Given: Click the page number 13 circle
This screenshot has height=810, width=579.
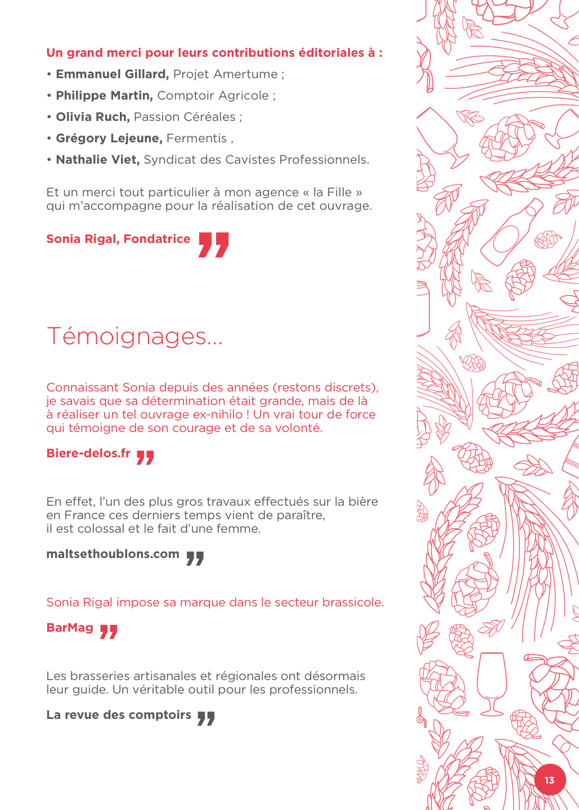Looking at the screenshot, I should [549, 780].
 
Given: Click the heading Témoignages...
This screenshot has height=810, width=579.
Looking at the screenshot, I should [134, 336].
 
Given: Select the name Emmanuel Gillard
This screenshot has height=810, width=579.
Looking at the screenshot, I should [112, 74].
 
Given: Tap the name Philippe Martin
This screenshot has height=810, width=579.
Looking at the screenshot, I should [104, 96].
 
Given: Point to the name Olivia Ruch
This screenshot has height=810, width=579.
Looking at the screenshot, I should [93, 117].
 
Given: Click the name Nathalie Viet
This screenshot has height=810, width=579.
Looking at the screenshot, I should [97, 160].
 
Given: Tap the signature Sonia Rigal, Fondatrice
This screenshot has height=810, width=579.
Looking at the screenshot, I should [118, 239].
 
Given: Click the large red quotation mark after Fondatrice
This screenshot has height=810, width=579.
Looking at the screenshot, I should [214, 245].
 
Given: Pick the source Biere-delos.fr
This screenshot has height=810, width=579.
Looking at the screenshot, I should [88, 453].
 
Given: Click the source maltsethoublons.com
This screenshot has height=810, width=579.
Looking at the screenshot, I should [113, 554].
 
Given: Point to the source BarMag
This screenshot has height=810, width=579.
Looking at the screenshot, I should [70, 628].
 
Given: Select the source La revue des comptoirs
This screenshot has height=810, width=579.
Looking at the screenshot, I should [119, 715].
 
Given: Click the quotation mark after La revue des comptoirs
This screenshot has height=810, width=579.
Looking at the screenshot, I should [206, 718].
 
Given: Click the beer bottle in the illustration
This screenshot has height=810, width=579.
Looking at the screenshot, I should [512, 232].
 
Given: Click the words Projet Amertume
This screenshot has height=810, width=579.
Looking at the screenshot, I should [226, 74].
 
